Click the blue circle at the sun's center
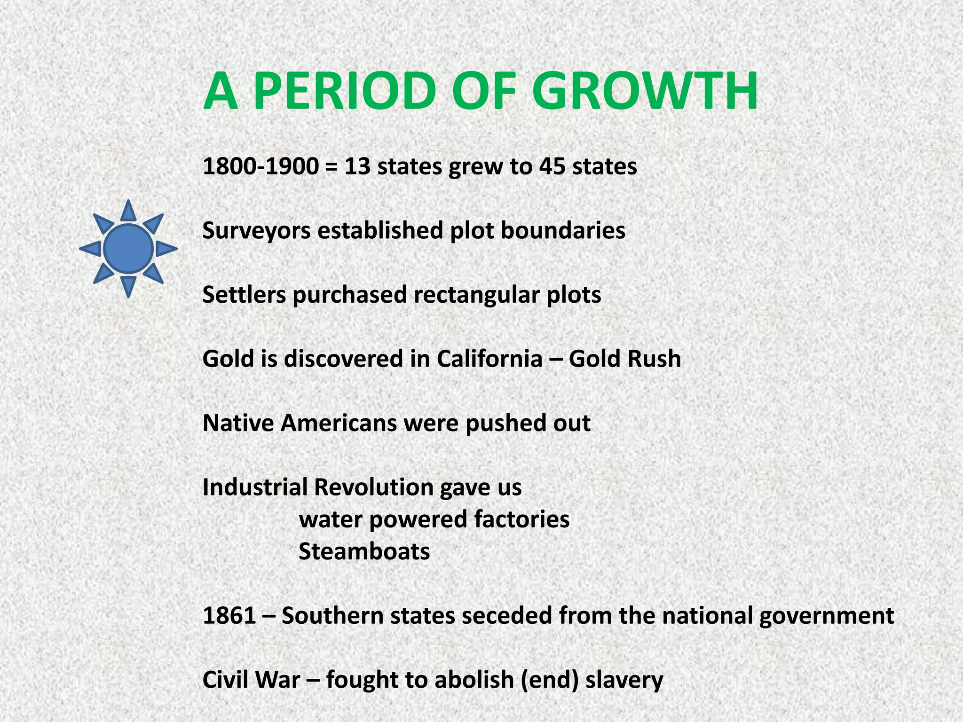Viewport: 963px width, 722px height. pyautogui.click(x=128, y=248)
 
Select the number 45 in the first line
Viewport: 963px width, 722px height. pyautogui.click(x=552, y=166)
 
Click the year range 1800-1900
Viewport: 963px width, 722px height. pyautogui.click(x=260, y=166)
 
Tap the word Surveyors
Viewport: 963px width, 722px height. pyautogui.click(x=257, y=231)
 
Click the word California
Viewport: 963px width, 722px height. pyautogui.click(x=489, y=359)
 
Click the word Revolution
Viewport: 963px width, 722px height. pyautogui.click(x=374, y=487)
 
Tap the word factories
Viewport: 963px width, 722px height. pyautogui.click(x=522, y=519)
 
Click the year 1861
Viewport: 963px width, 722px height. pyautogui.click(x=229, y=616)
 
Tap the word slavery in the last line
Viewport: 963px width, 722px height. pyautogui.click(x=624, y=680)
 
